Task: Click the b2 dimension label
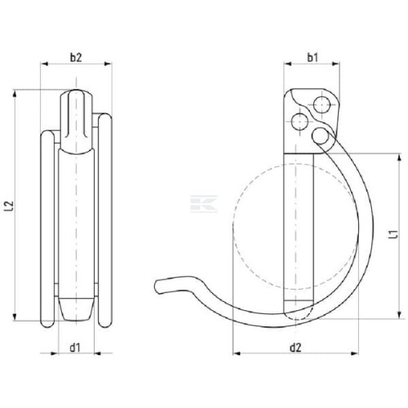76,57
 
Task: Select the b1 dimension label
313,57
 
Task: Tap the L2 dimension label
10,206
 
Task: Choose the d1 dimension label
75,348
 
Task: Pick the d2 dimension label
295,348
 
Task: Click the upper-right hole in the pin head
322,104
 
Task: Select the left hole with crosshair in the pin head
299,122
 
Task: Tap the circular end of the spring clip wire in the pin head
320,135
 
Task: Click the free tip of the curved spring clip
157,286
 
